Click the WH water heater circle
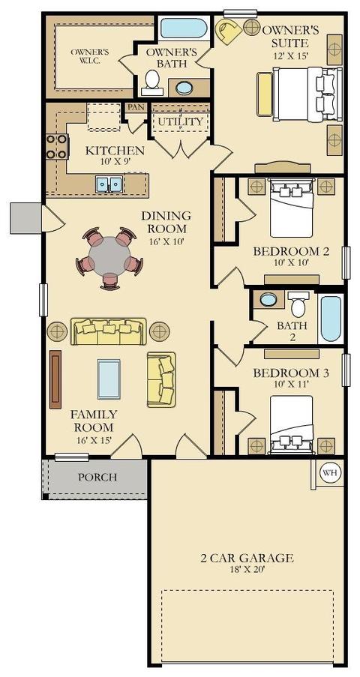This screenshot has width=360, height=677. pos(331,473)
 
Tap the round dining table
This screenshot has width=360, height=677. pos(109,256)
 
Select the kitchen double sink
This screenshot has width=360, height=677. pos(109,184)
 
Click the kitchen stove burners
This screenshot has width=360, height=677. pos(56,146)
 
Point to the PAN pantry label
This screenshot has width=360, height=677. pos(136,106)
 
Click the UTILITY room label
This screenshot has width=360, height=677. pos(180,121)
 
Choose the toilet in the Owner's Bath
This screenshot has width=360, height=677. pos(152,82)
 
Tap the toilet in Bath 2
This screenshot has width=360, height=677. pos(298,305)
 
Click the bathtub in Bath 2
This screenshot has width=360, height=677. pos(331,319)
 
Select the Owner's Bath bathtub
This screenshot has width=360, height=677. pos(184,28)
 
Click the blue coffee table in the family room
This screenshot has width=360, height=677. pos(109,379)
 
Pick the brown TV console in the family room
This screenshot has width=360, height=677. pos(55,379)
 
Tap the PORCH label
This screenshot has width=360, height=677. pos(97,477)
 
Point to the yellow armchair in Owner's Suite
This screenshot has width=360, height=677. pos(229,31)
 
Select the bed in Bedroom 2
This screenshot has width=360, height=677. pos(291,208)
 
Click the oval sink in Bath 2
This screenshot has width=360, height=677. pos(268,299)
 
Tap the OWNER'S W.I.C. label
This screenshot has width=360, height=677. pos(90,56)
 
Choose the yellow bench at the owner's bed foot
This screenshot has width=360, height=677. pos(265,94)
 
